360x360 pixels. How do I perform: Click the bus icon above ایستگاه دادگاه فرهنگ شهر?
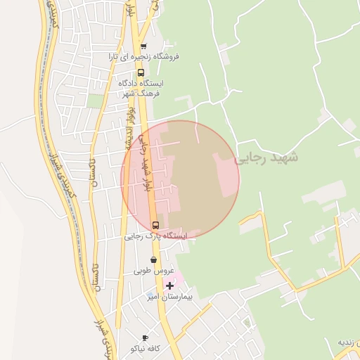(141, 72)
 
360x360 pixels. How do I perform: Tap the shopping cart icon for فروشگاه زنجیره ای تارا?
(141, 44)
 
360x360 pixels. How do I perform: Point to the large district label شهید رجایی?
(266, 157)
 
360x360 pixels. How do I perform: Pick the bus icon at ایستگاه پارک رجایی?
(155, 225)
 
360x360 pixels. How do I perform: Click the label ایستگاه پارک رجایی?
(156, 237)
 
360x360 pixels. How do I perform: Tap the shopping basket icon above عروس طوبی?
(153, 259)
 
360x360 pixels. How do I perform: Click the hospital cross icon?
(169, 285)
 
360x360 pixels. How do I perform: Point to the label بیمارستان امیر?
(169, 297)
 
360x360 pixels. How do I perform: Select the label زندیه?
(349, 342)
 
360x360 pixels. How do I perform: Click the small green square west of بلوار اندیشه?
(95, 101)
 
